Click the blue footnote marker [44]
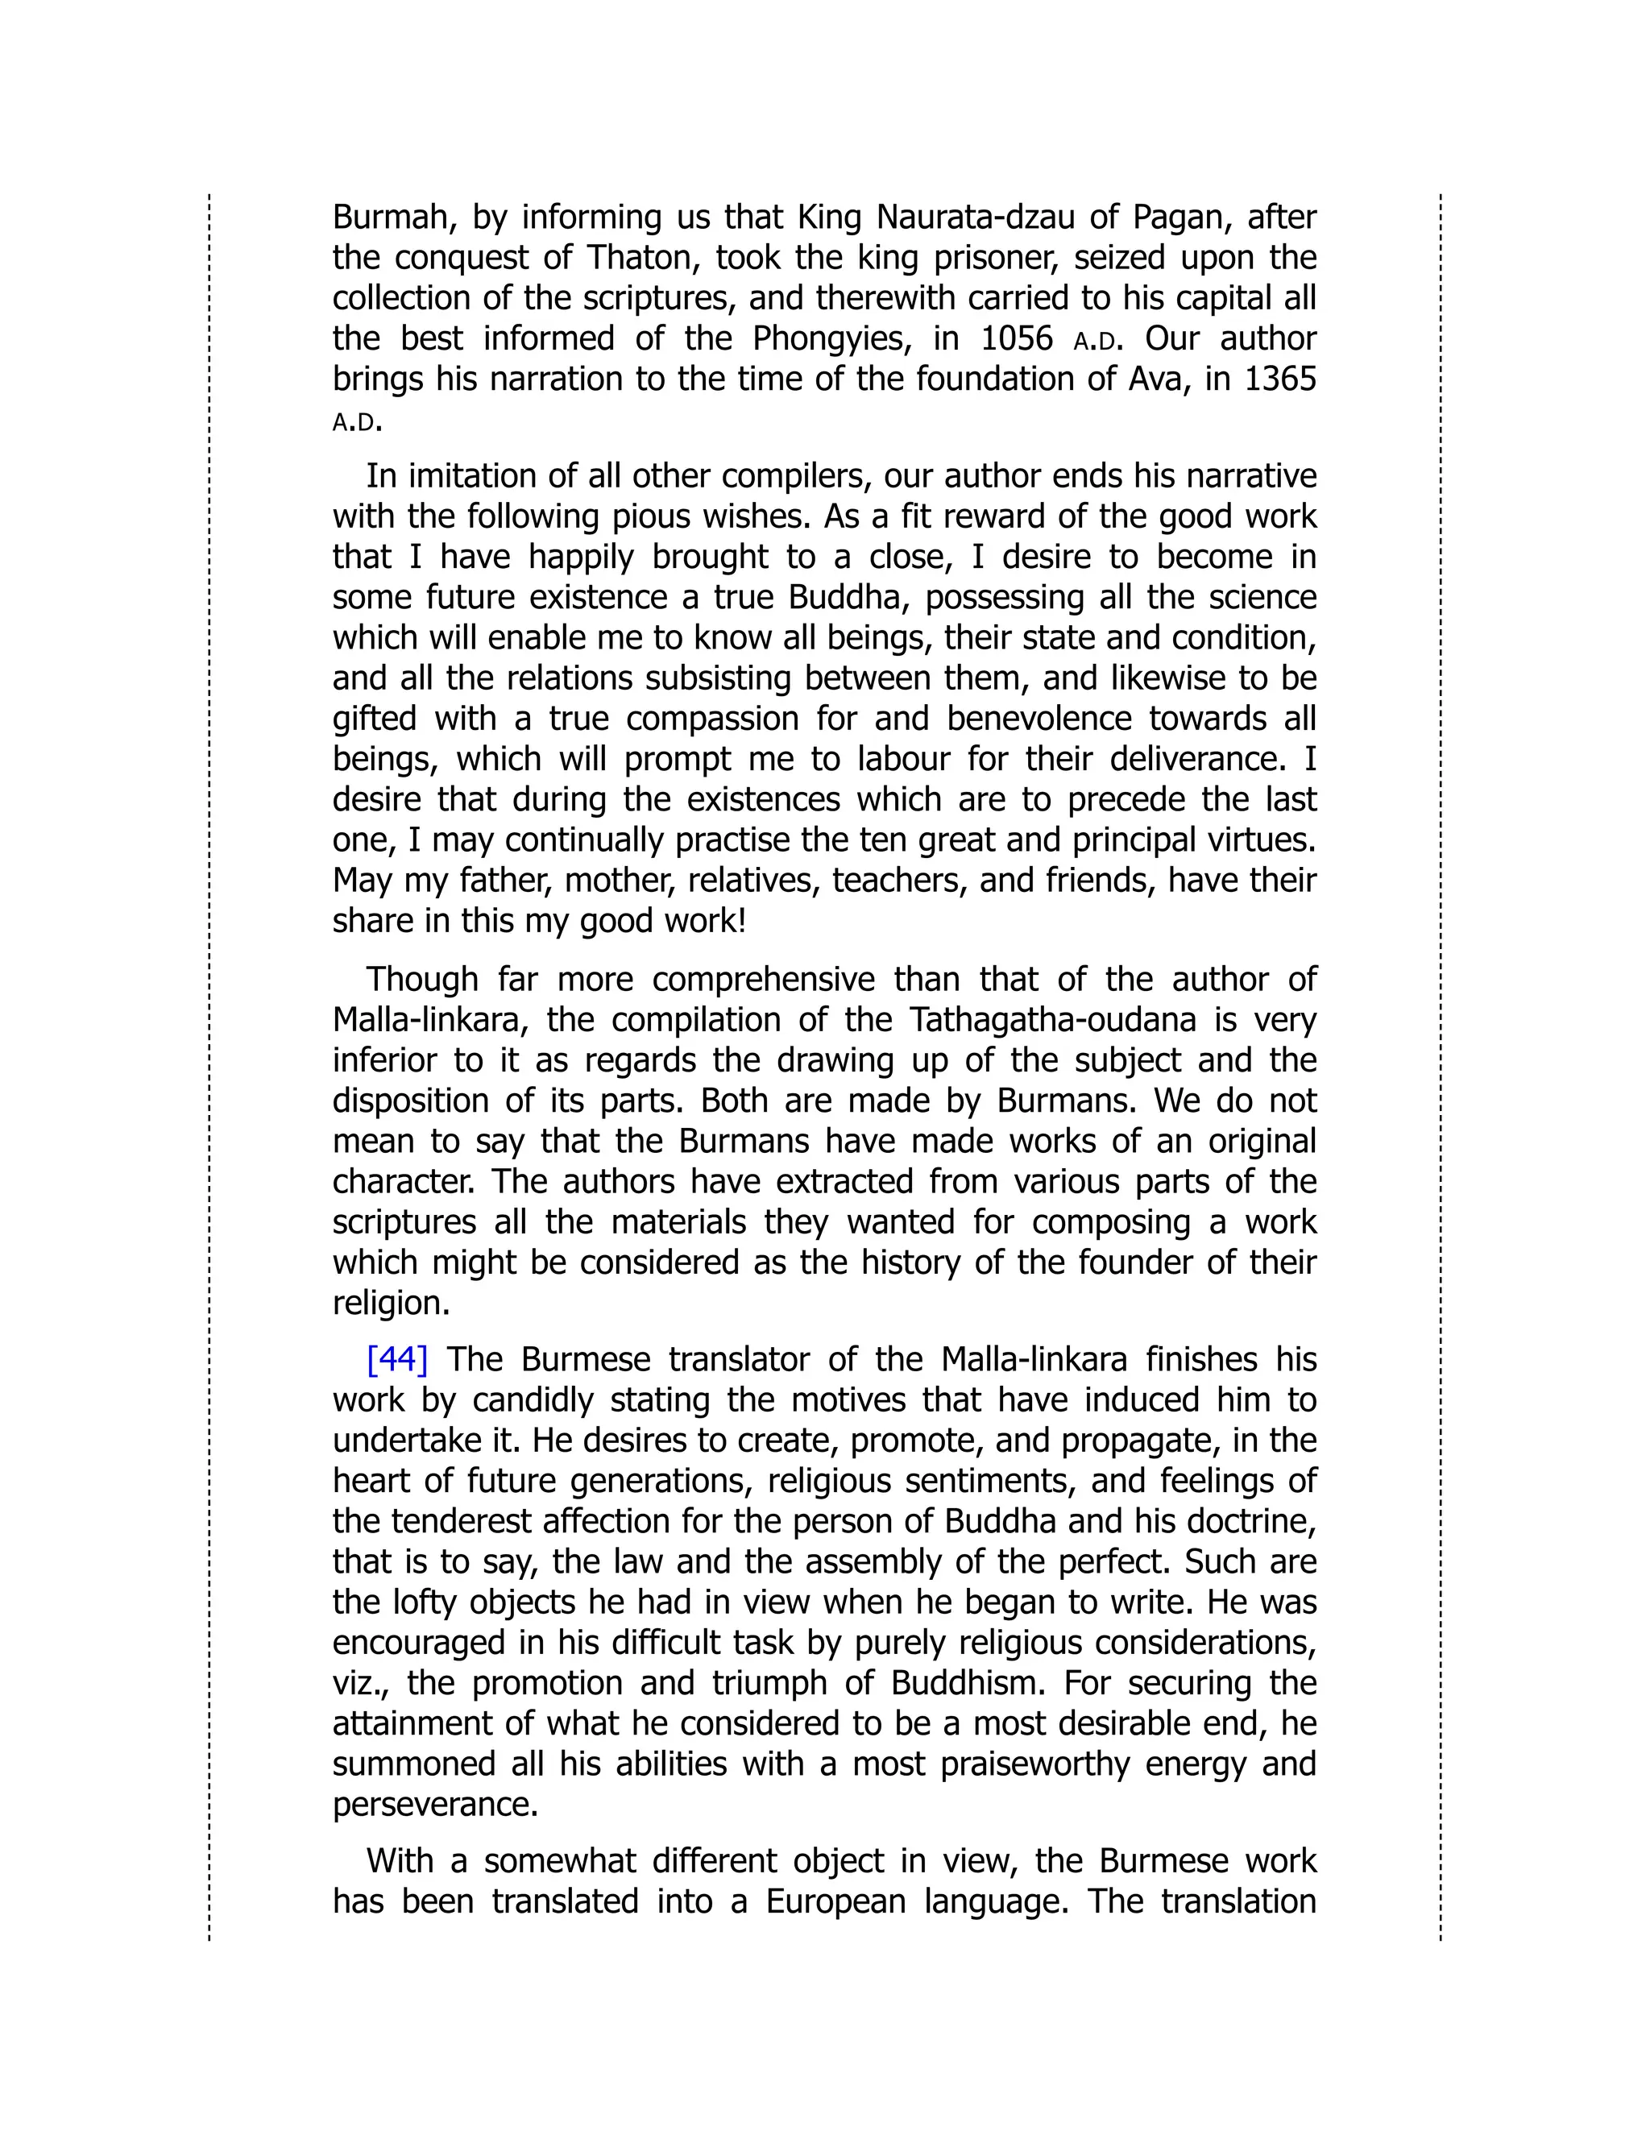click(397, 1360)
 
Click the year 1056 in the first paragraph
click(1017, 338)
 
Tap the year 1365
click(1279, 379)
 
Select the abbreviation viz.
click(357, 1683)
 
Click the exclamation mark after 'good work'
click(742, 922)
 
